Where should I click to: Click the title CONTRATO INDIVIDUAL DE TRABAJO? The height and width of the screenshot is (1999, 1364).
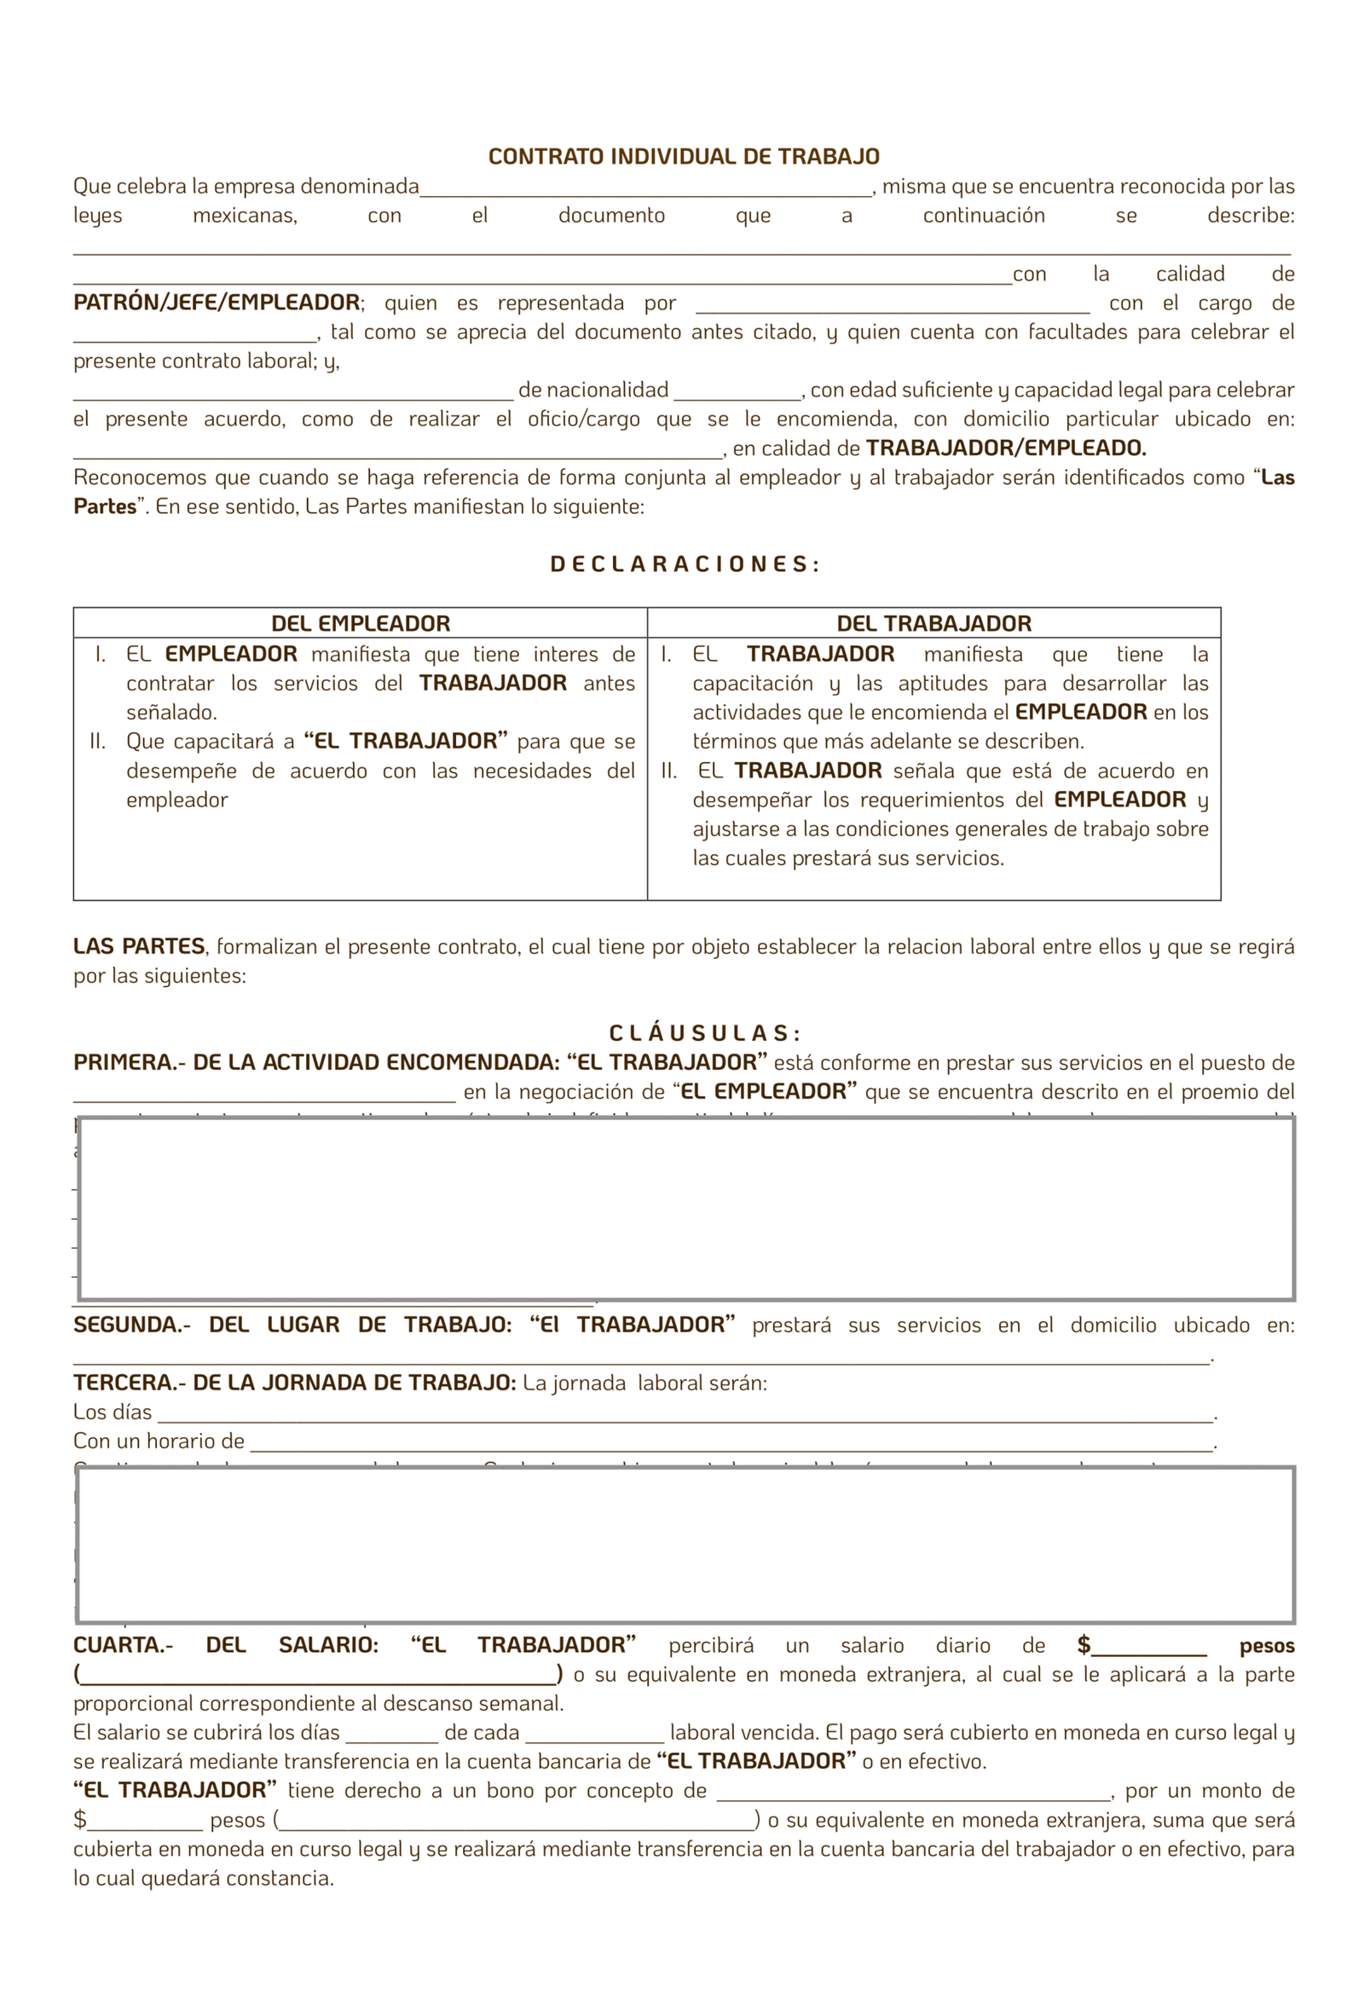pyautogui.click(x=684, y=157)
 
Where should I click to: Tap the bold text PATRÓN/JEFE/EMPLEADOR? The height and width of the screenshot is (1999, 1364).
pyautogui.click(x=217, y=303)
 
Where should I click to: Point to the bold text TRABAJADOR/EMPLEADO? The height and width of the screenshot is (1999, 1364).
pyautogui.click(x=1005, y=448)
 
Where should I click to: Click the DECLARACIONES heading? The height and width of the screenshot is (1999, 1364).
pyautogui.click(x=685, y=564)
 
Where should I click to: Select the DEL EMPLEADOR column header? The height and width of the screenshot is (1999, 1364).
pyautogui.click(x=361, y=624)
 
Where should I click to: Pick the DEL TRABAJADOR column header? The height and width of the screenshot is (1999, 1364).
pyautogui.click(x=933, y=624)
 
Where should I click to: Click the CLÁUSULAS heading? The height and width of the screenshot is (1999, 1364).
pyautogui.click(x=704, y=1033)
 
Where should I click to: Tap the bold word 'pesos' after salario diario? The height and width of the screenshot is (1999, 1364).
pyautogui.click(x=1266, y=1646)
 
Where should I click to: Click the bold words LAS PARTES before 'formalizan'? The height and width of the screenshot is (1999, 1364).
pyautogui.click(x=138, y=946)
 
